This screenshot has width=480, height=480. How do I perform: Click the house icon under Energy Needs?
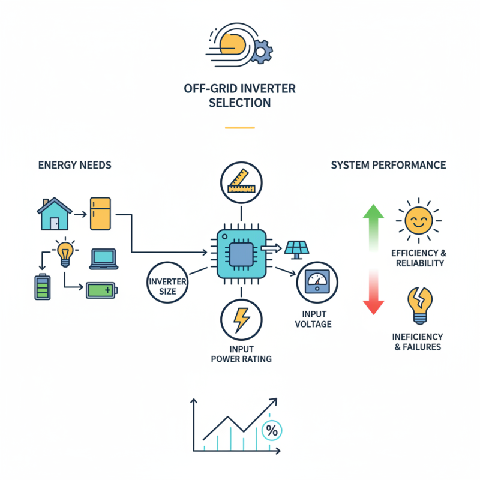point(54,214)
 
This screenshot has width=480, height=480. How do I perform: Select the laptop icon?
point(104,259)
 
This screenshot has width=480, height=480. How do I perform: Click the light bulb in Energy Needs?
point(64,252)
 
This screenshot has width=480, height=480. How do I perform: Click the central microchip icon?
point(241,253)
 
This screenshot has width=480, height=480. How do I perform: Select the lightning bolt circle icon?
point(241,319)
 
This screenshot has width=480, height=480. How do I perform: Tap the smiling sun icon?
point(418,220)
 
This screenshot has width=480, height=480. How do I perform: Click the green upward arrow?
point(374,228)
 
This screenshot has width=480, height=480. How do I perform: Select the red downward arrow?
point(374,294)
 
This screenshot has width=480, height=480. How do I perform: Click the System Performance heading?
point(388,164)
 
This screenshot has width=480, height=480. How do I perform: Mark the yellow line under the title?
point(240,127)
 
